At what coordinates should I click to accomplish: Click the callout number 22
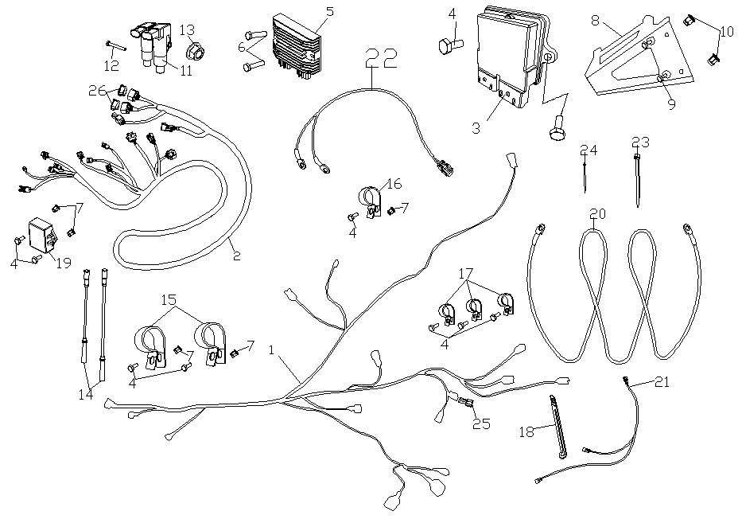[x=379, y=59]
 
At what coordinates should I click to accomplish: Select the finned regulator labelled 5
[x=295, y=47]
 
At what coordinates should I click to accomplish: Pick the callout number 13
[x=187, y=30]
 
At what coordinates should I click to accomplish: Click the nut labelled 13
[x=192, y=54]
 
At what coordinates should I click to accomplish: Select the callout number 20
[x=598, y=213]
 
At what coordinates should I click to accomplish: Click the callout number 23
[x=640, y=142]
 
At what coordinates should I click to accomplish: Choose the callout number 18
[x=527, y=431]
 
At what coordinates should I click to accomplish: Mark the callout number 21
[x=662, y=382]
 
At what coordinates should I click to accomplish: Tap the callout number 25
[x=480, y=424]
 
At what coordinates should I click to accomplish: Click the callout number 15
[x=169, y=302]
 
